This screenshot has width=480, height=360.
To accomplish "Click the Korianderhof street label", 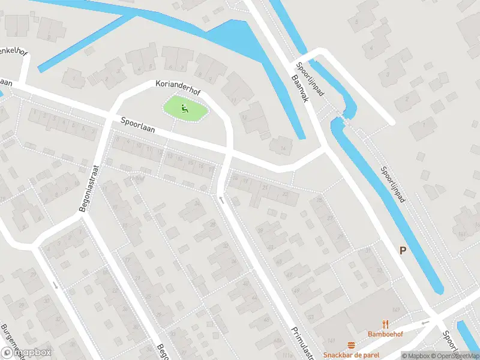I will (x=178, y=85).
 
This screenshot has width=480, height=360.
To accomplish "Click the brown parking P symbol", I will (x=403, y=250).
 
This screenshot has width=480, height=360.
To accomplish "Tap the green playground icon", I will (x=185, y=109).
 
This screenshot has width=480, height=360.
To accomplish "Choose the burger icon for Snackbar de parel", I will (x=351, y=344).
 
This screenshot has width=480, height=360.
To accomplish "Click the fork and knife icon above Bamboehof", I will (x=385, y=323).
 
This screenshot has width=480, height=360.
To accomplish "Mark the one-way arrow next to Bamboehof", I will (x=425, y=323).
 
